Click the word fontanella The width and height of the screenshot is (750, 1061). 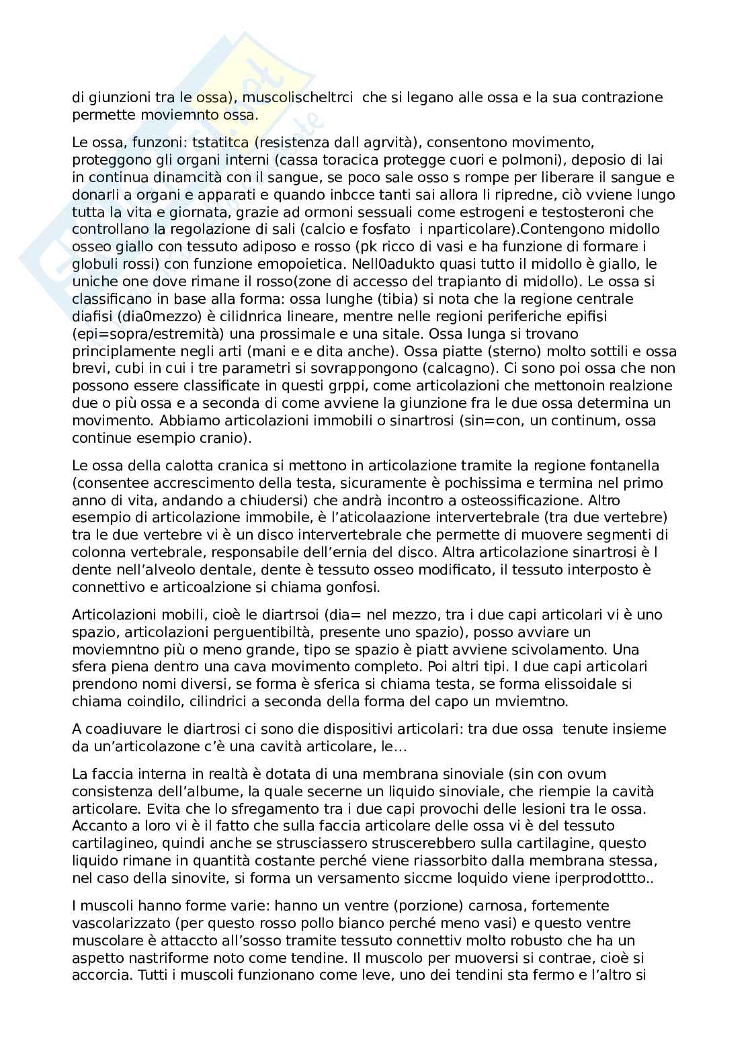click(619, 465)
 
